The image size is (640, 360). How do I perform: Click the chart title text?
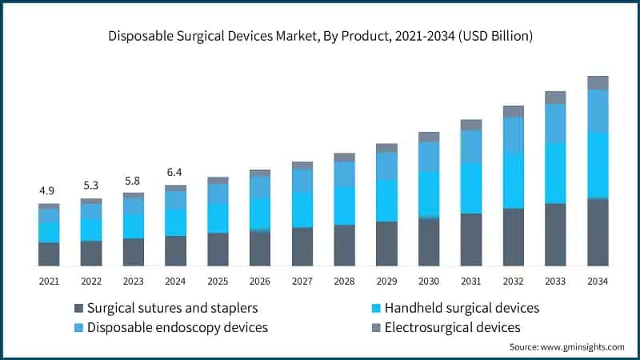[320, 37]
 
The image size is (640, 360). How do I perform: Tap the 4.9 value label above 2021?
[49, 190]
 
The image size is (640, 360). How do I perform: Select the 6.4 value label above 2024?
[175, 172]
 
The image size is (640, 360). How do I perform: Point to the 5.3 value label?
[91, 186]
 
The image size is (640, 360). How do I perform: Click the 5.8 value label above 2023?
[133, 180]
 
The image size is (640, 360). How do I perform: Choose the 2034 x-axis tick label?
[598, 281]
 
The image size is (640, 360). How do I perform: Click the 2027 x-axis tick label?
[302, 281]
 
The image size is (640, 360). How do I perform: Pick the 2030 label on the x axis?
[429, 281]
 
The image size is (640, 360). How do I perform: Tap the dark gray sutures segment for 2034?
[598, 232]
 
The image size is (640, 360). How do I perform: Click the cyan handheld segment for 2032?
[514, 181]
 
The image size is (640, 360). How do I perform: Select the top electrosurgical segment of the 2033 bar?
[555, 98]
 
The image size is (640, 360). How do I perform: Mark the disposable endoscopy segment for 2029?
[386, 166]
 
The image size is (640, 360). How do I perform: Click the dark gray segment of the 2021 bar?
[49, 254]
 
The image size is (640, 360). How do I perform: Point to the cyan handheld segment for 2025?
[218, 218]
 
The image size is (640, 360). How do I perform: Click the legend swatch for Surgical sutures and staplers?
[78, 309]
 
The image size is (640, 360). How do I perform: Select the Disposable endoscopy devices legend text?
[178, 327]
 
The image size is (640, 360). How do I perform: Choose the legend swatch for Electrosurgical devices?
[376, 327]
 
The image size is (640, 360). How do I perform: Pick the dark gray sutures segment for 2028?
[345, 245]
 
